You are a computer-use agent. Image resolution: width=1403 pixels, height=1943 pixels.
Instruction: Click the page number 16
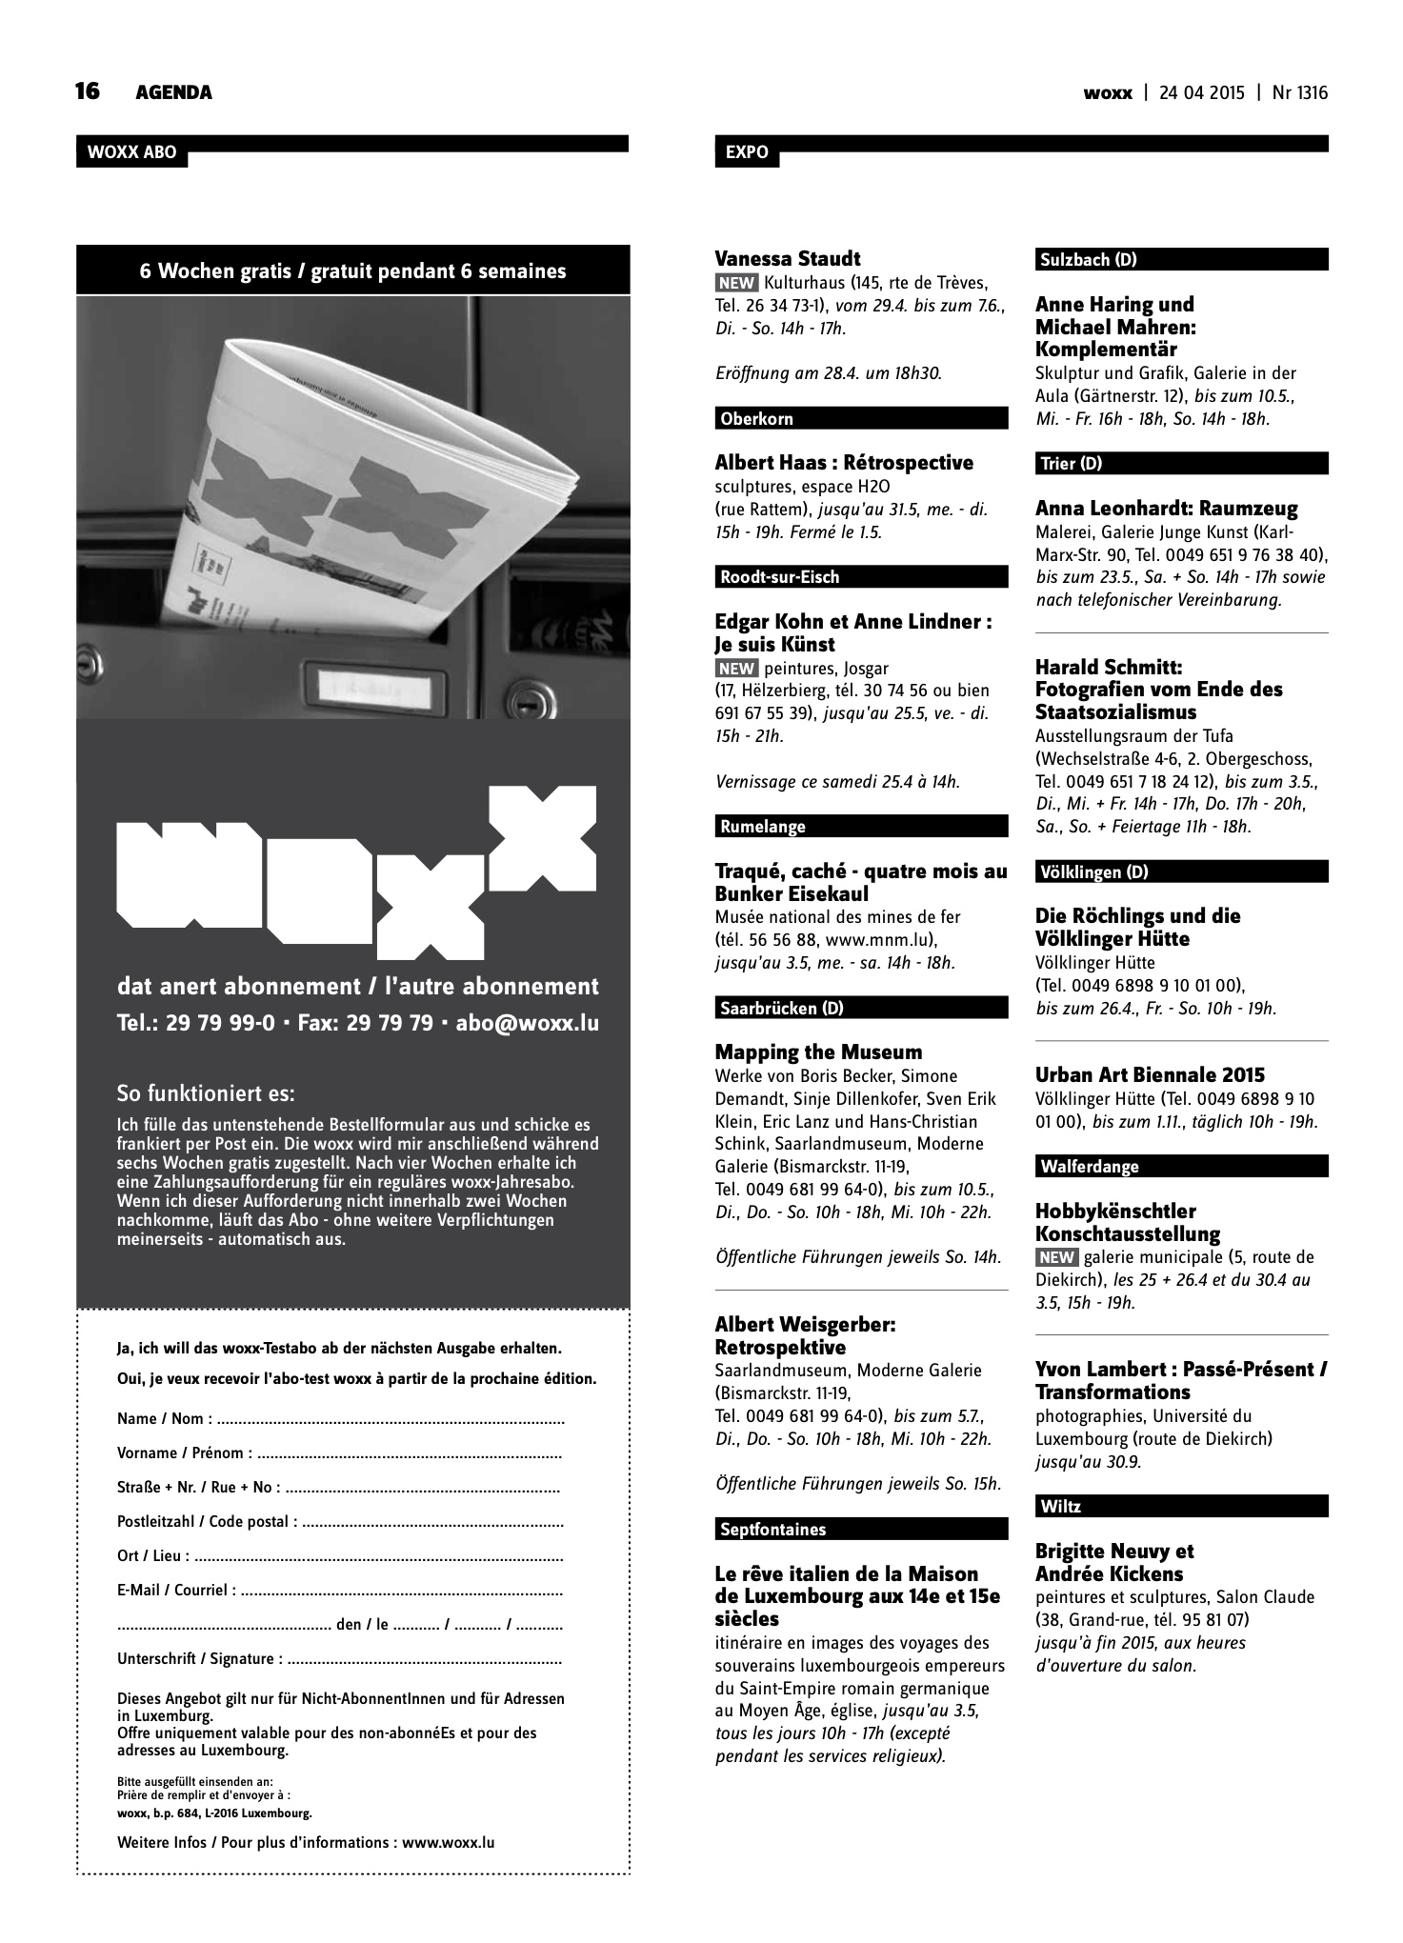88,91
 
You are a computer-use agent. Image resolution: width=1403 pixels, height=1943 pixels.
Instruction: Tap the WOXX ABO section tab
131,152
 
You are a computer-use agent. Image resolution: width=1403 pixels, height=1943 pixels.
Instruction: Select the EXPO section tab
746,152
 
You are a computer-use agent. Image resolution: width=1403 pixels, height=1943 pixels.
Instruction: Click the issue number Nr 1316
1299,92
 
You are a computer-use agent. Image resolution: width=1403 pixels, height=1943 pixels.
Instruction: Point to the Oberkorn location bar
860,418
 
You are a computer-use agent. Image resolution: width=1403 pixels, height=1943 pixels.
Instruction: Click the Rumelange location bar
860,827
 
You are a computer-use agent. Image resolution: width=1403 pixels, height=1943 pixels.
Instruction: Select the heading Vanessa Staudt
787,258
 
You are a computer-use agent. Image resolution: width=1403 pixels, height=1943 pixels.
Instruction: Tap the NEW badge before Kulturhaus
736,283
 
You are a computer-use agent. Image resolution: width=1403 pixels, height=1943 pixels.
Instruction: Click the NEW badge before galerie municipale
1057,1257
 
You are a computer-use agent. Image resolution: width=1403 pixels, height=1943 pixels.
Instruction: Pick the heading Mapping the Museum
818,1052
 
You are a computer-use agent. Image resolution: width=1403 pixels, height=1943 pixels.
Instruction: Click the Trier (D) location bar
1181,464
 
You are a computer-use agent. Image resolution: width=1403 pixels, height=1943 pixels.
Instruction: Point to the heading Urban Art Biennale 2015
1150,1075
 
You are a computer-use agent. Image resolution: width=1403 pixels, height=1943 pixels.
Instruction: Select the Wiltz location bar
1181,1507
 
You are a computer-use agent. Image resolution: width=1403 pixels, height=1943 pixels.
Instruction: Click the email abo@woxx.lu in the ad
528,1024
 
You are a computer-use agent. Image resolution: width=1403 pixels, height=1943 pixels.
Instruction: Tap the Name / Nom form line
341,1419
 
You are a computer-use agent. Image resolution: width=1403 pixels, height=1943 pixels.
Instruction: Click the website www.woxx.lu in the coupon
448,1843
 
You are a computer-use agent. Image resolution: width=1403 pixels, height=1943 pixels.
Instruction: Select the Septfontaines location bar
860,1530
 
